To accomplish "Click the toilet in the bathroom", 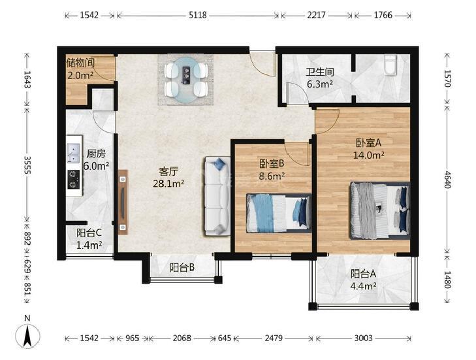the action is (x=390, y=65).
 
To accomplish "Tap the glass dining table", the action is (x=186, y=80).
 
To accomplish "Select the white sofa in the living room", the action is (x=217, y=196).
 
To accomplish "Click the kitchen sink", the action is (x=73, y=153).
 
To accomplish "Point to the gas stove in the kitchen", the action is (x=73, y=179).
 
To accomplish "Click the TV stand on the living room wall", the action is (x=123, y=202).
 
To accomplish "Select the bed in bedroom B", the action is (x=279, y=213).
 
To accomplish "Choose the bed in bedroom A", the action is (x=379, y=210).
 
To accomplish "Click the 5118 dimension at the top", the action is (x=198, y=15).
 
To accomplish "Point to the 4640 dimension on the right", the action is (x=447, y=179).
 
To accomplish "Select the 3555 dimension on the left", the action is (x=27, y=165).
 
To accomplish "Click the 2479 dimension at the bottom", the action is (x=274, y=338).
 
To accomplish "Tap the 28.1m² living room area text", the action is (x=168, y=183).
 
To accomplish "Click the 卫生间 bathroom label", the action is (x=320, y=72).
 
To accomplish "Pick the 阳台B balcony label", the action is (x=182, y=268).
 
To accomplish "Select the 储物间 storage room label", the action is (x=80, y=63).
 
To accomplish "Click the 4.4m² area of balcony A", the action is (x=364, y=286).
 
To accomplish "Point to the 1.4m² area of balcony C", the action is (x=89, y=245).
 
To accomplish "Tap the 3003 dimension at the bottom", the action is (x=364, y=338).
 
